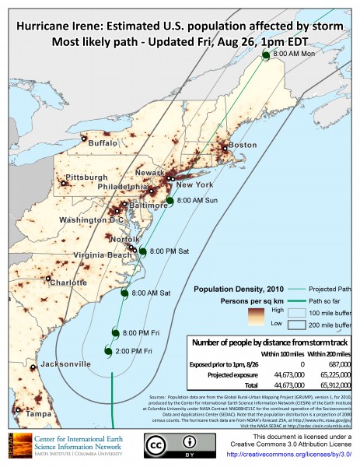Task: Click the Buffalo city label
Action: pos(103,143)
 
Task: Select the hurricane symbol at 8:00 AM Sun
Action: pos(170,201)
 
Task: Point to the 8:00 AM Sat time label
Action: pos(151,293)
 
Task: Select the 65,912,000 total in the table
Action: pos(327,384)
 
